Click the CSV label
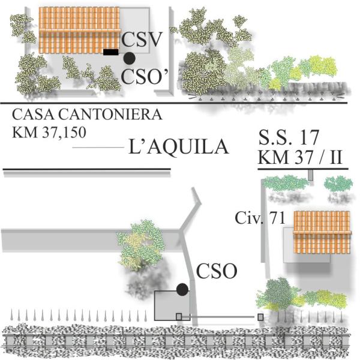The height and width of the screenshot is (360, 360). click(x=142, y=40)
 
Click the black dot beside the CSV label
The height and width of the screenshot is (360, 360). click(x=129, y=58)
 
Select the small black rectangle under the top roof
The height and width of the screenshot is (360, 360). click(x=110, y=52)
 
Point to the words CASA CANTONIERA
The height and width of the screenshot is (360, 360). click(x=86, y=114)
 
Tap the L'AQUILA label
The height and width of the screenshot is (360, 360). click(x=178, y=147)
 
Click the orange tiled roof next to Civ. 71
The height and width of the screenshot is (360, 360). click(x=322, y=232)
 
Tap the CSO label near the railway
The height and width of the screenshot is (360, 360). click(x=218, y=271)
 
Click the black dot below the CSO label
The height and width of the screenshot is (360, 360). click(x=182, y=289)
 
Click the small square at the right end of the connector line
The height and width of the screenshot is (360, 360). click(x=260, y=317)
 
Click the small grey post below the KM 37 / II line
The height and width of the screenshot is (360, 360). click(x=311, y=174)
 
